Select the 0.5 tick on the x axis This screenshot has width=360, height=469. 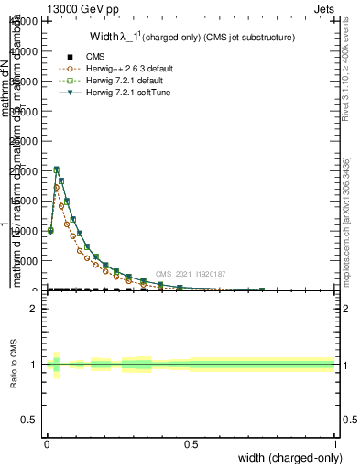click(191, 443)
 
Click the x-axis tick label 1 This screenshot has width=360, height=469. click(335, 443)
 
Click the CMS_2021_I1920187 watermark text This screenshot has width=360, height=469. click(190, 274)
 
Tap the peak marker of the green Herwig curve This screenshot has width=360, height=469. click(57, 169)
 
